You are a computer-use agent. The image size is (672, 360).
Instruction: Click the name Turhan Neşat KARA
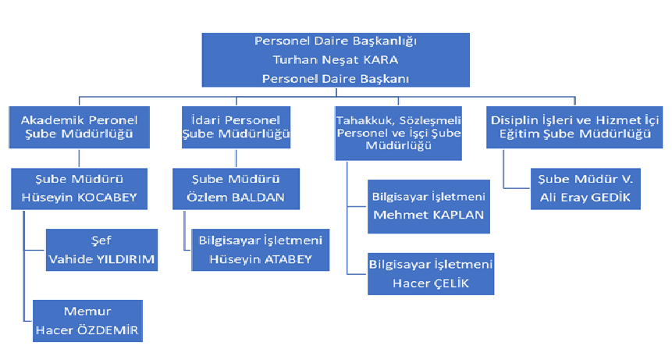(x=336, y=59)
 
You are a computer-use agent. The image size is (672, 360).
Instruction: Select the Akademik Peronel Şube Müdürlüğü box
(x=80, y=127)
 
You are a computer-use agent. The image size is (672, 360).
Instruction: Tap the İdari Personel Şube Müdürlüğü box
(x=236, y=127)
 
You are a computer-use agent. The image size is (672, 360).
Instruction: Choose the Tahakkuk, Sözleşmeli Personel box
(x=399, y=134)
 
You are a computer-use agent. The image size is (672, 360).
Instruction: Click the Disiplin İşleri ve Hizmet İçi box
(x=574, y=127)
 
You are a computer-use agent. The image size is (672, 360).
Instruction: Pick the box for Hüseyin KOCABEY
(x=80, y=189)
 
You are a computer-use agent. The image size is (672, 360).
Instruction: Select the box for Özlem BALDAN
(x=236, y=189)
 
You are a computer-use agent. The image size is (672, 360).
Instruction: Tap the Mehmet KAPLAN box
(x=428, y=207)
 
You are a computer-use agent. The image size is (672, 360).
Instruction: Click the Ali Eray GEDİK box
(x=585, y=189)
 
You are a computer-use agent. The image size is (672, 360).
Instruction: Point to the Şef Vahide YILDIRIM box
(x=101, y=250)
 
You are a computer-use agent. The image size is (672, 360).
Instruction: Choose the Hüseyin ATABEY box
(x=261, y=250)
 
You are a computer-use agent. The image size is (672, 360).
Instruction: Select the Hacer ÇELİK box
(x=431, y=274)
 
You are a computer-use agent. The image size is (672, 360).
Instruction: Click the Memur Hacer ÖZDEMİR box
(x=87, y=321)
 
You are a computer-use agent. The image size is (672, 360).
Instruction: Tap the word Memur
(x=87, y=311)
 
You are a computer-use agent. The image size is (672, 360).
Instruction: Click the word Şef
(x=101, y=241)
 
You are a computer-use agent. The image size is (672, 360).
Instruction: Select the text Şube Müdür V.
(x=585, y=179)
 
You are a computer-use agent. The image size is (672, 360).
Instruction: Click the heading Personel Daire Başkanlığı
(x=336, y=41)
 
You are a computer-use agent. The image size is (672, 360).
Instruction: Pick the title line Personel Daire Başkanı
(x=336, y=79)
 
